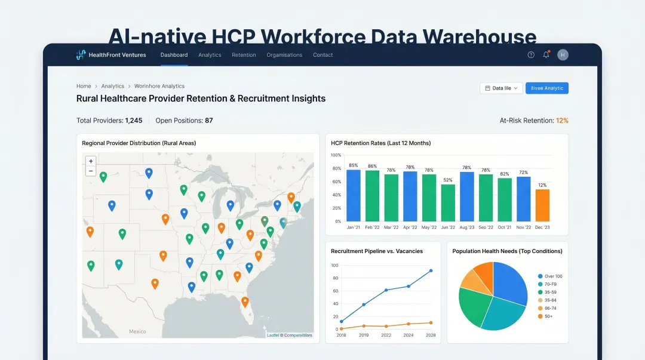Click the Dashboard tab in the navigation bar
[x=174, y=55]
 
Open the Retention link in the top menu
[x=244, y=55]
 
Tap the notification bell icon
[x=546, y=55]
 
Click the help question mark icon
[x=531, y=55]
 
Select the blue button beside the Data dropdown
[x=546, y=88]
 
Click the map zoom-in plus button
[x=91, y=161]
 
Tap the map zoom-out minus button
[x=91, y=171]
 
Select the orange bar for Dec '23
[x=542, y=205]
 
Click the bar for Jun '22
[x=448, y=202]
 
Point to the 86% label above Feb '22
[x=373, y=166]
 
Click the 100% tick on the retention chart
[x=336, y=155]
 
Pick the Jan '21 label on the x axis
[x=354, y=227]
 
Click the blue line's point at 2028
[x=431, y=270]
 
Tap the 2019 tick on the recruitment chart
[x=364, y=336]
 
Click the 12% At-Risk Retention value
[x=562, y=121]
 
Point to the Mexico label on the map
[x=137, y=331]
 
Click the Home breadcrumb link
[x=84, y=87]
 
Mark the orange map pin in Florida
[x=245, y=301]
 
